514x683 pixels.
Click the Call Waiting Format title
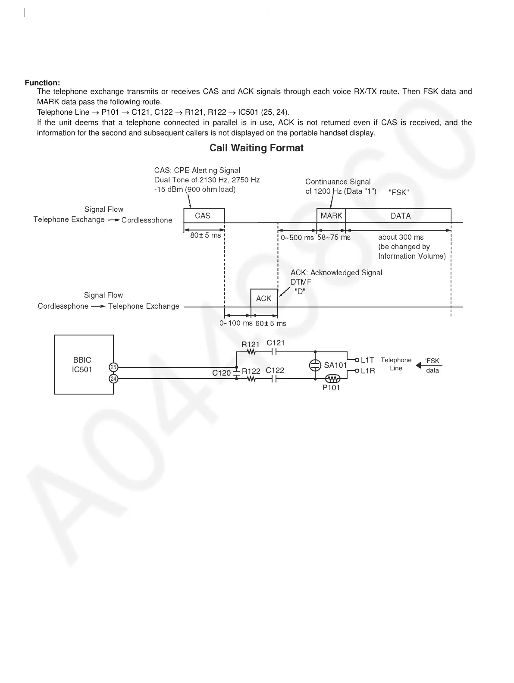coord(257,148)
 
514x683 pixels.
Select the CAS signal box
coord(204,216)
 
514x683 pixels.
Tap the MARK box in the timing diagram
coord(331,216)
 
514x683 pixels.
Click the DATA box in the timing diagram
coord(400,216)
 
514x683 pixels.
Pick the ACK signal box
coord(264,298)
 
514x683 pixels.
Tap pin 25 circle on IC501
coord(113,367)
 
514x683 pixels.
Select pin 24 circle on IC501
coord(113,379)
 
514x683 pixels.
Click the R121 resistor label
coord(250,344)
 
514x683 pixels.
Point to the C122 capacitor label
coord(275,370)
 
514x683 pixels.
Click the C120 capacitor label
coord(221,373)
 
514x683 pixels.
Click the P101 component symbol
coord(332,379)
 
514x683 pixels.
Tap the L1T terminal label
coord(367,360)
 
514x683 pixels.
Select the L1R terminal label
coord(367,371)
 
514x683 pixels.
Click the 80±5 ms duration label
coord(205,235)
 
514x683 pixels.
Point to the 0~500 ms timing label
coord(297,238)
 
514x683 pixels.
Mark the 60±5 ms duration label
coord(270,323)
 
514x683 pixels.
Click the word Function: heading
coord(42,83)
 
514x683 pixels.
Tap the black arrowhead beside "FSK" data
coord(418,366)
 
